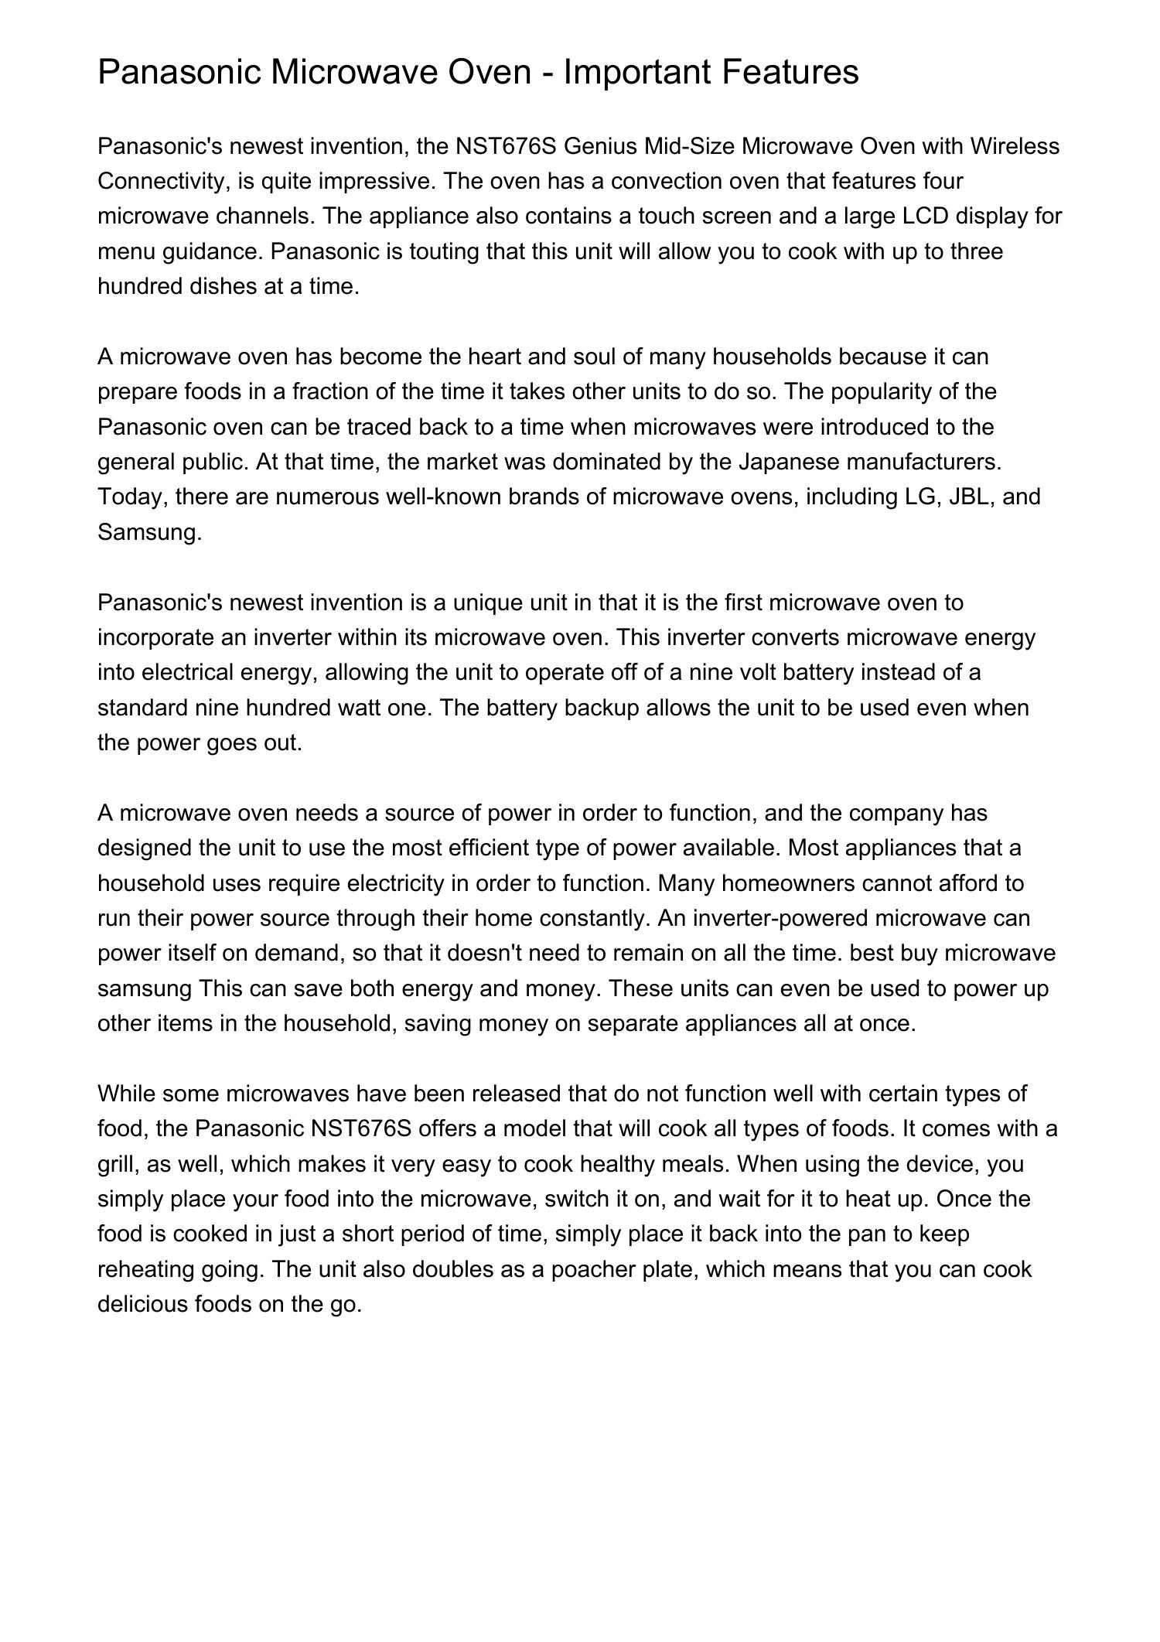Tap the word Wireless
point(1015,146)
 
